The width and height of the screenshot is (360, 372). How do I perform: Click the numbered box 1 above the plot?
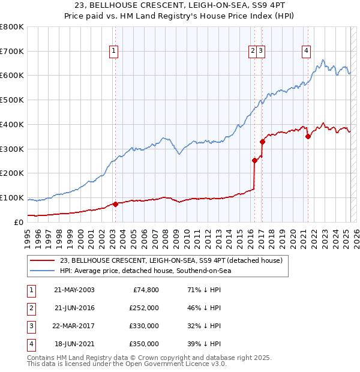tap(114, 51)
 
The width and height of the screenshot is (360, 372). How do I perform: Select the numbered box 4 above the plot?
tap(306, 51)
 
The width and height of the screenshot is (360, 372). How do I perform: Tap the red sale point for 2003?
tap(115, 203)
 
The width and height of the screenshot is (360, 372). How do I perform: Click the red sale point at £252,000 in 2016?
tap(254, 160)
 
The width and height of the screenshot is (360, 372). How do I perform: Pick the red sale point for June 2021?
tap(308, 136)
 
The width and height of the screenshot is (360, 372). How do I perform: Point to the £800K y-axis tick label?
tap(12, 27)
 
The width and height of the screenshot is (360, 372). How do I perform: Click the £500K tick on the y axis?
tap(12, 100)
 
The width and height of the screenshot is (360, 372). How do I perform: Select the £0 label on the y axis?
tap(19, 222)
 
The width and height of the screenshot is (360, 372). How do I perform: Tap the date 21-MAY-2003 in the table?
tap(74, 289)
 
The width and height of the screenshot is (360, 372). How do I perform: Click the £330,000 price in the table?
tap(145, 326)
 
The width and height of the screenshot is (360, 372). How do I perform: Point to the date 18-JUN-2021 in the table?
tap(74, 344)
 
